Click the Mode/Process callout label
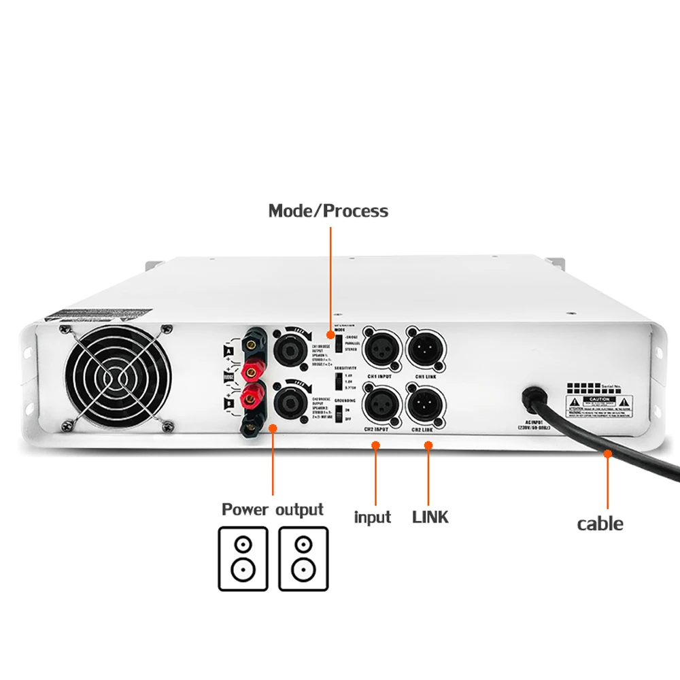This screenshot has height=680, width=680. [328, 211]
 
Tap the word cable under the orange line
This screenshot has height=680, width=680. [600, 524]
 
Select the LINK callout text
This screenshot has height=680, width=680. [430, 517]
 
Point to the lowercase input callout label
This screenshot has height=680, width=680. [373, 517]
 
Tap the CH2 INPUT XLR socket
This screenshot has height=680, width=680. [380, 407]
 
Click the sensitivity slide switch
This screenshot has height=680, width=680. [338, 381]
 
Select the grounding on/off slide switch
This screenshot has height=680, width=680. [338, 415]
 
